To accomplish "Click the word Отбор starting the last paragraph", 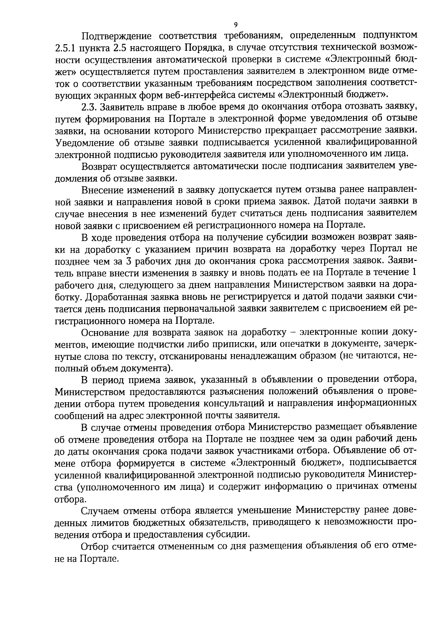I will point(94,547).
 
